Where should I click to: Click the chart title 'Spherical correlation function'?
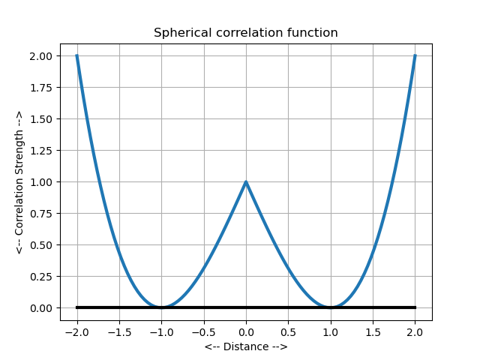coord(245,33)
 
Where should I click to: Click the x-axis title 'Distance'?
coord(245,346)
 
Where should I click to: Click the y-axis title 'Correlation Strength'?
coord(19,181)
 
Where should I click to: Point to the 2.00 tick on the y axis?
coord(41,56)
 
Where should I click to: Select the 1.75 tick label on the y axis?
coord(41,88)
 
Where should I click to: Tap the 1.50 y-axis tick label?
coord(41,119)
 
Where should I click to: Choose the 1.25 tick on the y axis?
coord(41,151)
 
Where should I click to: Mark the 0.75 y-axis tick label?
coord(41,214)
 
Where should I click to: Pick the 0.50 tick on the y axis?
coord(41,245)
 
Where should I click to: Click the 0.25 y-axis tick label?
coord(41,277)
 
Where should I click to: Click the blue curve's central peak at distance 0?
coord(246,182)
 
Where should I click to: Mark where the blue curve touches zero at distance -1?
coord(161,307)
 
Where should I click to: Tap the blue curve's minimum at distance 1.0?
coord(331,307)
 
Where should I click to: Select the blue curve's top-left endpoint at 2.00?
coord(76,56)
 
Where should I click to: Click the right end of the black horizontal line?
coord(415,307)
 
